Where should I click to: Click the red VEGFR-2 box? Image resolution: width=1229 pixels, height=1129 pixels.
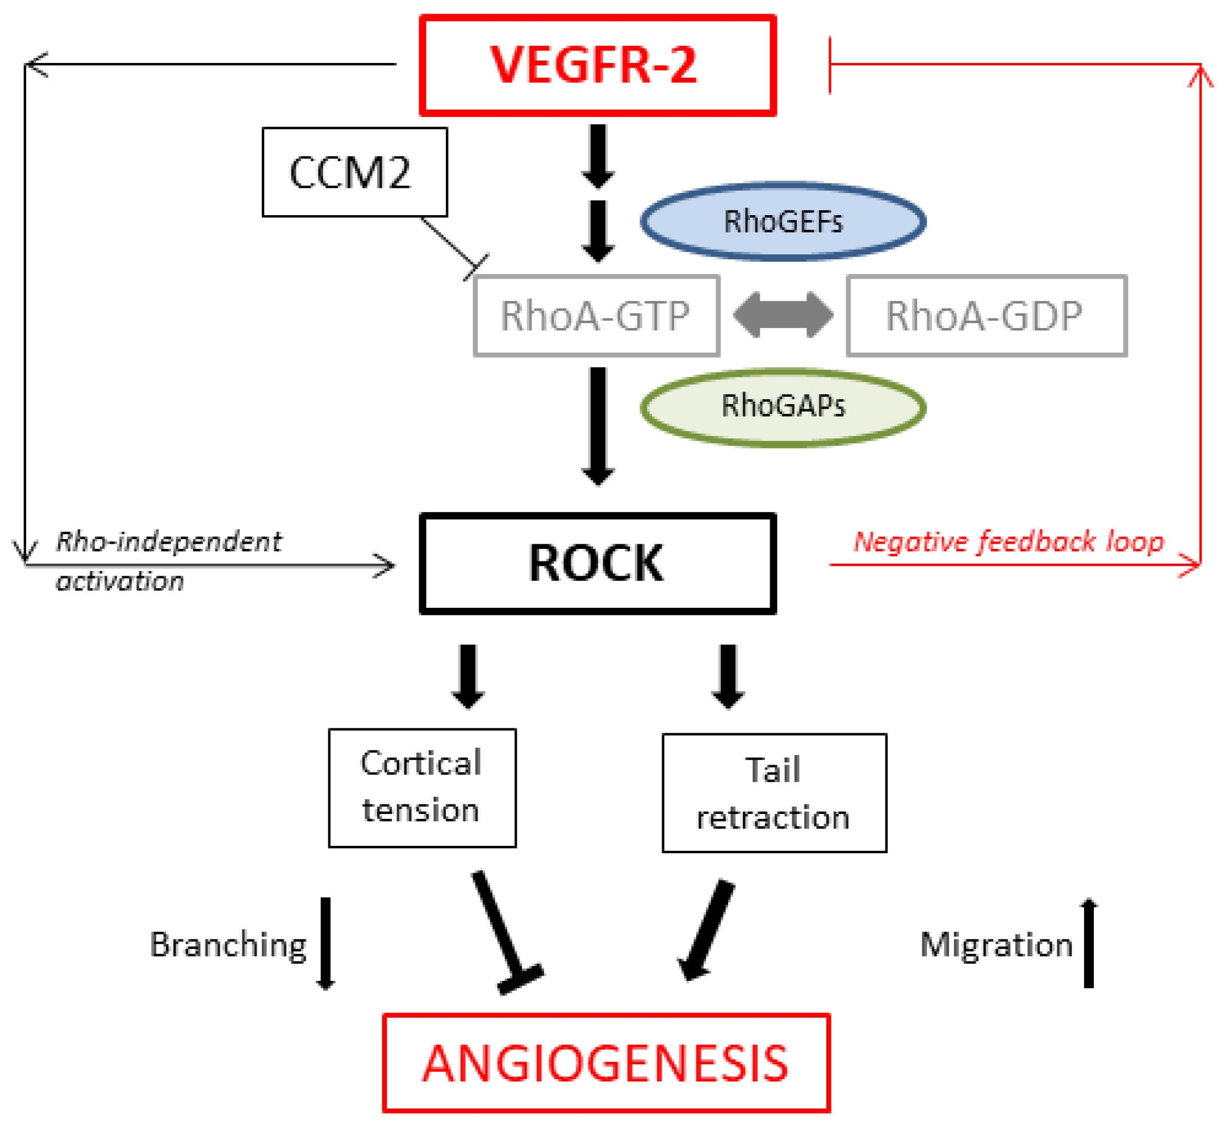click(597, 65)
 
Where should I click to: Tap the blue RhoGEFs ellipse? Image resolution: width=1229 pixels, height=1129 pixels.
click(782, 221)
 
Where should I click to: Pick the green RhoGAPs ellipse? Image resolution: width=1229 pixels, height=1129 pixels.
click(782, 406)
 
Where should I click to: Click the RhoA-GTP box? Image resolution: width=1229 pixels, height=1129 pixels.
click(596, 315)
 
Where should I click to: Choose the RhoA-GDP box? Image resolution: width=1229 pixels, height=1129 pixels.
click(986, 315)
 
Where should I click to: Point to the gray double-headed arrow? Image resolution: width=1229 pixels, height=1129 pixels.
click(782, 314)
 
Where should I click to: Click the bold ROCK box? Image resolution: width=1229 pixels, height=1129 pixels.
click(597, 563)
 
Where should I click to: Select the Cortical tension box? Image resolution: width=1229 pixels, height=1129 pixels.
click(421, 787)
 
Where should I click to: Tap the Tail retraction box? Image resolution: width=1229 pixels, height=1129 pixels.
click(774, 792)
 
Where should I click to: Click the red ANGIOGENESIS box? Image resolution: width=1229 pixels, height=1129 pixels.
click(605, 1063)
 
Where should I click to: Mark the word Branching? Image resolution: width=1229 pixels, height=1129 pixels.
click(228, 945)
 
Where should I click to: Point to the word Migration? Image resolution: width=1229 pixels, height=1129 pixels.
click(996, 945)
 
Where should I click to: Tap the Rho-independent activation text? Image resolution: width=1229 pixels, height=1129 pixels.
click(168, 559)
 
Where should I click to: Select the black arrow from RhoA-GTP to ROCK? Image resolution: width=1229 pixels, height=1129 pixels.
click(597, 425)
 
